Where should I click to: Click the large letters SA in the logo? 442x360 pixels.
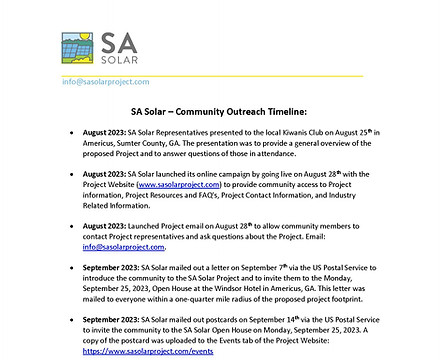(x=122, y=42)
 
